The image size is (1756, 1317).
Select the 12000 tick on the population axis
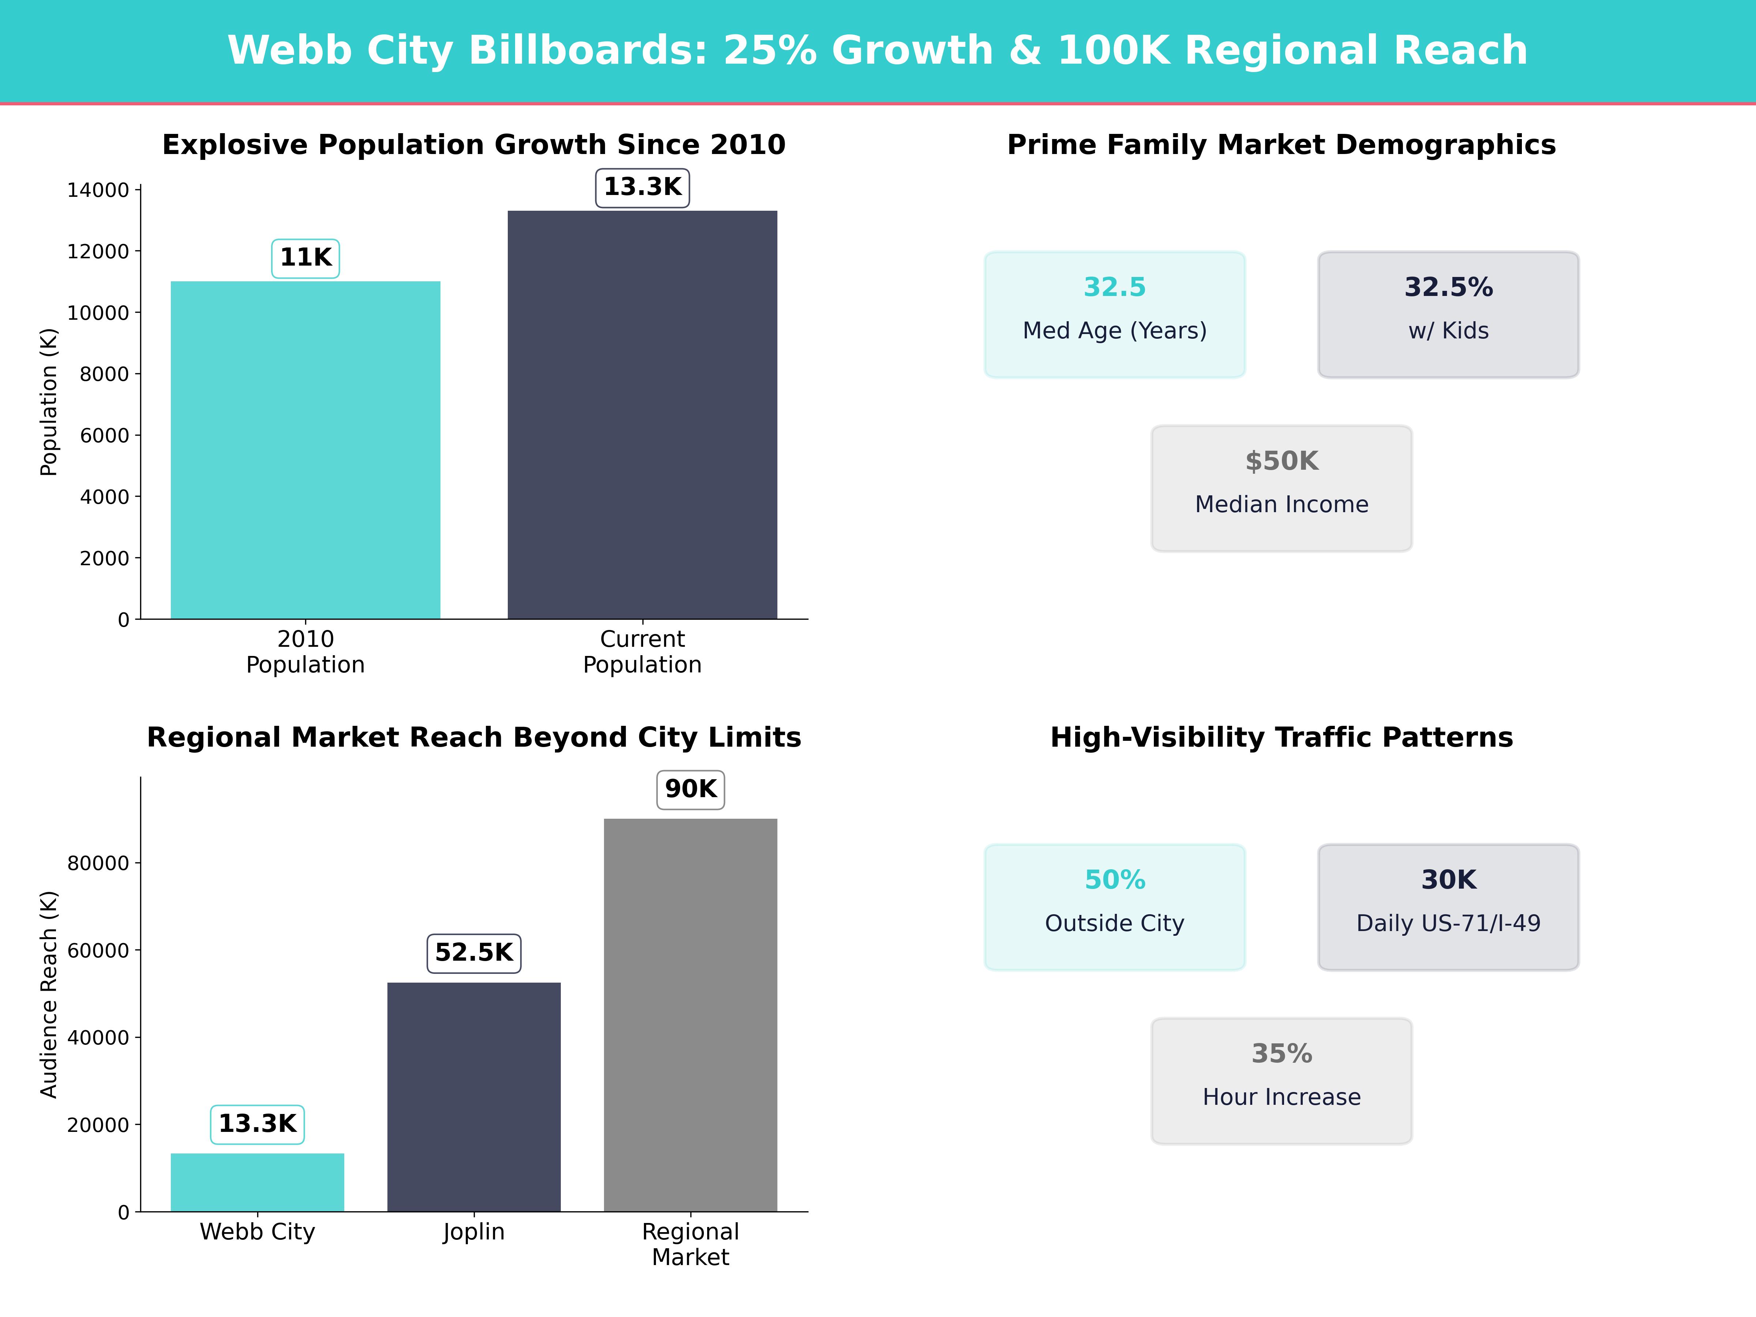tap(98, 252)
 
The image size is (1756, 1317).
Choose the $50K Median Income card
tap(1281, 488)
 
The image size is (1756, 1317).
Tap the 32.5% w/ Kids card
tap(1448, 314)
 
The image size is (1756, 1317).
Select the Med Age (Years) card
tap(1115, 314)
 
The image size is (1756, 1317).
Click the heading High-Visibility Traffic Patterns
tap(1281, 738)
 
